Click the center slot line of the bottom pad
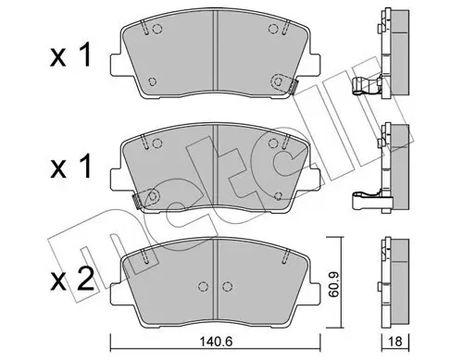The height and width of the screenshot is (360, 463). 215,279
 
